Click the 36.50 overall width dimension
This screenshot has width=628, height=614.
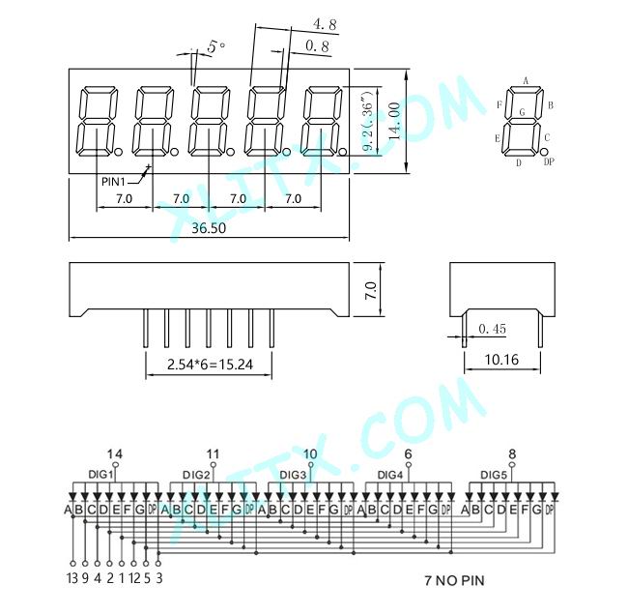pos(208,228)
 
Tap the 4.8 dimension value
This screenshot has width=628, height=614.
pos(326,23)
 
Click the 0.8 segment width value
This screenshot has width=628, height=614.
pos(316,45)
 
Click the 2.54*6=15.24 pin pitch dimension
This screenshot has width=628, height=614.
pos(208,365)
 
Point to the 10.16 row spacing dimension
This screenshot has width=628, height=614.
pos(500,361)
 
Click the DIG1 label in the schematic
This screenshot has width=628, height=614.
pos(101,475)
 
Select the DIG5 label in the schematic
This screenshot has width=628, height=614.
pos(494,475)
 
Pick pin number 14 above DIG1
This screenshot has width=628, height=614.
pos(115,453)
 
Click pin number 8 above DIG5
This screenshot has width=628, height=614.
pos(512,453)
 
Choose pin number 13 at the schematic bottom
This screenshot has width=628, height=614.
pos(71,578)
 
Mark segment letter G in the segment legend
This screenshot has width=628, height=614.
pos(523,113)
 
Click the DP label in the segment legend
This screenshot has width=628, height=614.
pos(549,162)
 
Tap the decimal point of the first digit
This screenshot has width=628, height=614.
pos(119,152)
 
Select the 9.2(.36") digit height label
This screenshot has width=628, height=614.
pos(367,121)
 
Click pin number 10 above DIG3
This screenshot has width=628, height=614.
pos(310,453)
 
